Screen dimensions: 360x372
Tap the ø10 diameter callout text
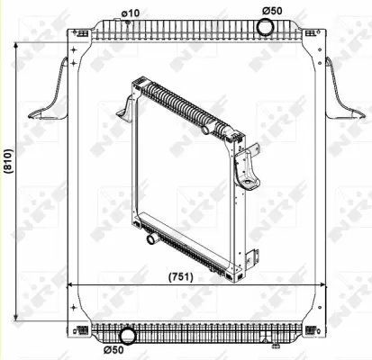pos(131,12)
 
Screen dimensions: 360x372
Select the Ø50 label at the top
pos(272,9)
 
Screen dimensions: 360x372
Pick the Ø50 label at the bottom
pos(113,349)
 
